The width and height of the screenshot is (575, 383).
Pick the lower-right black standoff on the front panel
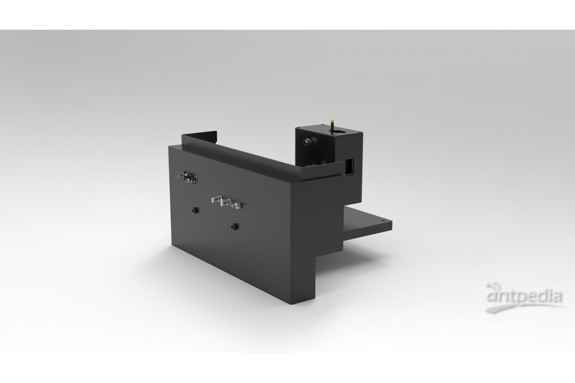pyautogui.click(x=234, y=226)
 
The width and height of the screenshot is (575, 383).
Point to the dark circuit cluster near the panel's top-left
pyautogui.click(x=188, y=177)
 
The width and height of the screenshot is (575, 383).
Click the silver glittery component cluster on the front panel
pyautogui.click(x=226, y=202)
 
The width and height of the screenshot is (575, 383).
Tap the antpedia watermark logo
pyautogui.click(x=524, y=298)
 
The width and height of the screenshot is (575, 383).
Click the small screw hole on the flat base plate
pyautogui.click(x=383, y=220)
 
